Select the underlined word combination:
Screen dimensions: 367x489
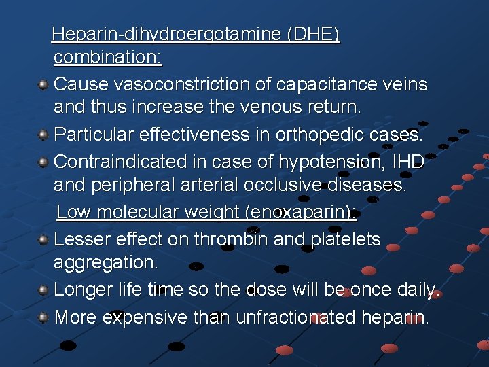107,57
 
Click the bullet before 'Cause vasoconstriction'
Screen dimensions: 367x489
42,85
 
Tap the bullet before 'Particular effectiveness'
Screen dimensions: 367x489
42,135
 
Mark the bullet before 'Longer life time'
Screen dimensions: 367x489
42,290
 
